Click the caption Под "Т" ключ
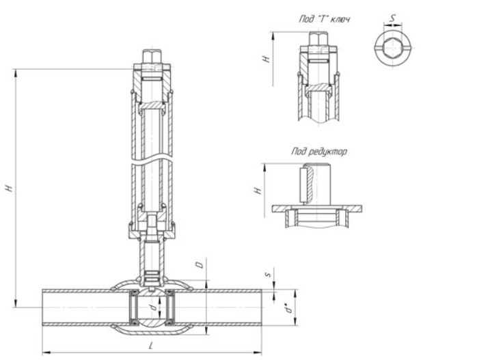325,19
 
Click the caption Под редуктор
319,152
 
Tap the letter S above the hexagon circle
393,18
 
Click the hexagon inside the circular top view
394,48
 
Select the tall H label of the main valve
10,188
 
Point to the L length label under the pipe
151,346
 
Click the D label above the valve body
199,264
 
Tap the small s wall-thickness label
267,275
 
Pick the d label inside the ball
154,308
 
